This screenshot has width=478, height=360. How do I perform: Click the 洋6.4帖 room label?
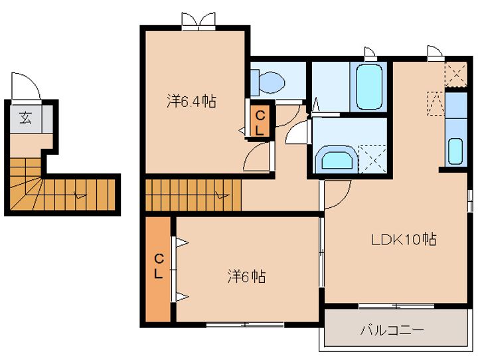191,102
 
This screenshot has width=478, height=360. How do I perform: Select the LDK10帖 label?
403,240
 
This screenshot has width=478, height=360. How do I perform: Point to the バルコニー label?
392,330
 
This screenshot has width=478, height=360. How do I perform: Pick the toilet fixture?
269,82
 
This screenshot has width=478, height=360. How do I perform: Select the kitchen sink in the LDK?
455,151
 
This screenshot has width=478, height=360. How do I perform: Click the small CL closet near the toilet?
259,122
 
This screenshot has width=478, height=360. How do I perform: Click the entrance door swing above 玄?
27,87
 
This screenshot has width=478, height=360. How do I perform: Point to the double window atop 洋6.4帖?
199,20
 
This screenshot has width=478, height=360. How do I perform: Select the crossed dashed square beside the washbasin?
371,157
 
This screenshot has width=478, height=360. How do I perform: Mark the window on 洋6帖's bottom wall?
244,324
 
